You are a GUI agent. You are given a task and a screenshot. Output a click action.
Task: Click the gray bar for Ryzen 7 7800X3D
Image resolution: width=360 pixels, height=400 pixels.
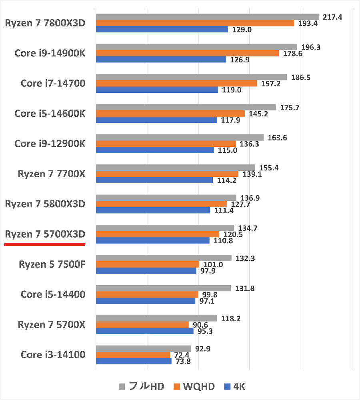(x=207, y=17)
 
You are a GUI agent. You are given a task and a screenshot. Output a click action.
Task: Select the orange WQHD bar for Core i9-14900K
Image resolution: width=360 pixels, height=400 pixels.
(x=187, y=54)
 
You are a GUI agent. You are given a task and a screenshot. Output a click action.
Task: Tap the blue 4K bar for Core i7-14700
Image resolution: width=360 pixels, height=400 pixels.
(x=157, y=90)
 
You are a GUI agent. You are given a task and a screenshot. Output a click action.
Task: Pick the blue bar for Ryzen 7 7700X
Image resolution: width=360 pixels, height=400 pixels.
(x=154, y=180)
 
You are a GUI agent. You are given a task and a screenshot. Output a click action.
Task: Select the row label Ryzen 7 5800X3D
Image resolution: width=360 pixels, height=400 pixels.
(x=45, y=204)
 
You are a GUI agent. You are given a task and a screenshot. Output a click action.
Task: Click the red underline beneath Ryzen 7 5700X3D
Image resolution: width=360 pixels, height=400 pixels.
(x=44, y=244)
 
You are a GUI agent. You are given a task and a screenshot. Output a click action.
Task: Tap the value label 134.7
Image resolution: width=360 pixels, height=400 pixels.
(x=248, y=228)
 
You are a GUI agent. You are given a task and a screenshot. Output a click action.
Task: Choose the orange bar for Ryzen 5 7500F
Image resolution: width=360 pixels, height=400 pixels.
(x=148, y=264)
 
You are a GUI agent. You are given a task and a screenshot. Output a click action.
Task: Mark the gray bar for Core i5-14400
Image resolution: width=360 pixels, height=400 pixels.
(x=163, y=288)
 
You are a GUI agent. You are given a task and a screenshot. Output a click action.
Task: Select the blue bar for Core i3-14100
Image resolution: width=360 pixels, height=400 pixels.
(x=134, y=361)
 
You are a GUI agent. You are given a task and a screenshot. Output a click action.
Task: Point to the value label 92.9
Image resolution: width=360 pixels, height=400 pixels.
(x=203, y=349)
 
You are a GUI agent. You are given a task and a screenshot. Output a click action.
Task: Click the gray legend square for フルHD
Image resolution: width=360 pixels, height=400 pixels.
(x=122, y=386)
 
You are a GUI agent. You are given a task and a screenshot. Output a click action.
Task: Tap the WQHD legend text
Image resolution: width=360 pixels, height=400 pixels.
(x=199, y=386)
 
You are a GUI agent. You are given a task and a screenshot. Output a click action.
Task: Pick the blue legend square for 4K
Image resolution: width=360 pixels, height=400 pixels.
(x=228, y=386)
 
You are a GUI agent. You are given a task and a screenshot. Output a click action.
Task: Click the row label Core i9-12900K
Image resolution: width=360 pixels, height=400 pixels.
(x=50, y=144)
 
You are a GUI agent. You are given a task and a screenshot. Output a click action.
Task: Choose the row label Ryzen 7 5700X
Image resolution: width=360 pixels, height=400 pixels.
(x=52, y=324)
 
